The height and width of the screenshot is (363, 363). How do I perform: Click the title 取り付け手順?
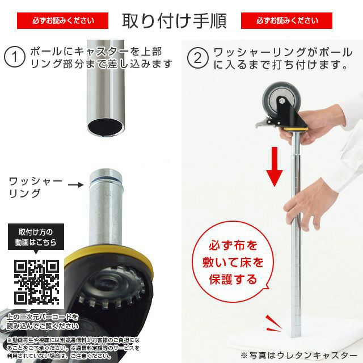174,20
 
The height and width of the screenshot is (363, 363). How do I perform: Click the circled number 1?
13,57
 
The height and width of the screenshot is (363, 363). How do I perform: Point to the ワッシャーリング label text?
35,187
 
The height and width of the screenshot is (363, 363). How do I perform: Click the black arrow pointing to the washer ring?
76,184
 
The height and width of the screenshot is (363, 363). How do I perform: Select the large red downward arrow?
275,166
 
